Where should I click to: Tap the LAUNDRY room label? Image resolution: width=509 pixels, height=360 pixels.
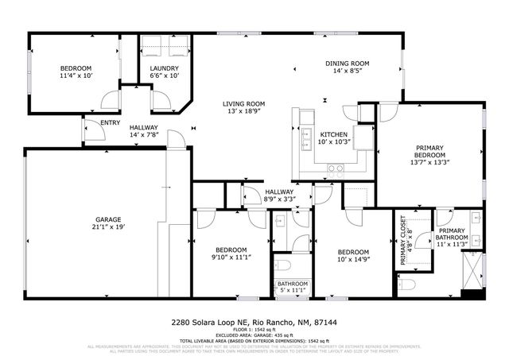164,68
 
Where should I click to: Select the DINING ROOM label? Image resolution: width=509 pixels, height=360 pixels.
348,64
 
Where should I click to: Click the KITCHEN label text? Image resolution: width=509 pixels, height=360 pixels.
333,134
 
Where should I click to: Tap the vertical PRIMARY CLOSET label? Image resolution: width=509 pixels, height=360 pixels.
403,240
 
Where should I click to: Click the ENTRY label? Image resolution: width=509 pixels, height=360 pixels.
111,122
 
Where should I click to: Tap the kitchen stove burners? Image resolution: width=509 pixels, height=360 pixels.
336,168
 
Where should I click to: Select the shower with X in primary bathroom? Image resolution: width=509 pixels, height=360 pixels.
473,269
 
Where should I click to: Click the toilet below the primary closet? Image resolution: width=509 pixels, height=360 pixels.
406,283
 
